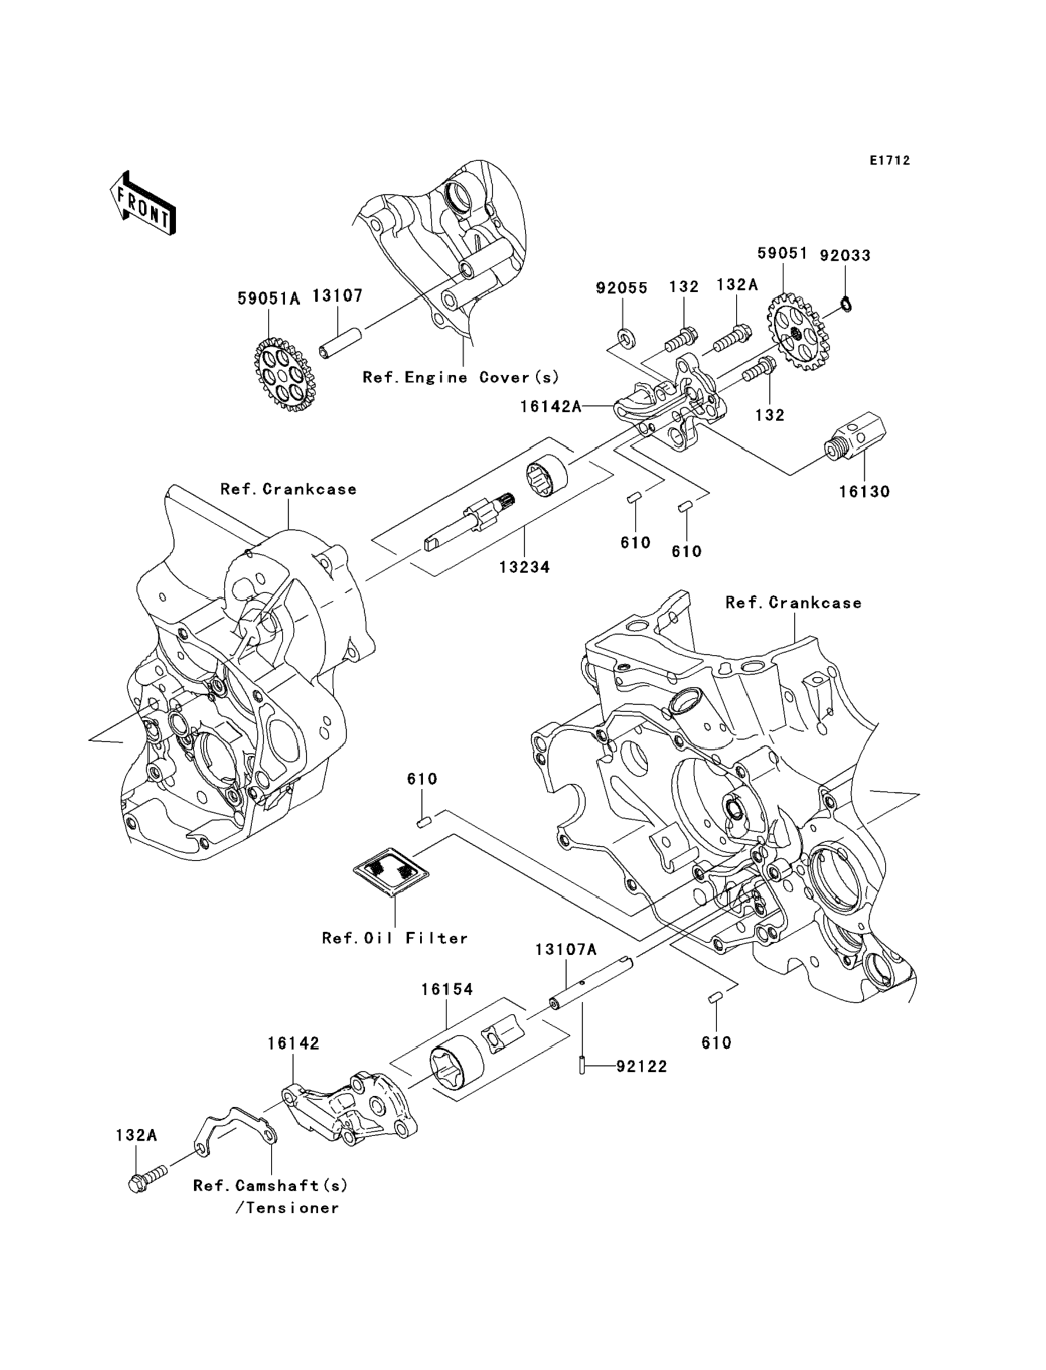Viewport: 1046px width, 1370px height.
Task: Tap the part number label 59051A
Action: tap(268, 299)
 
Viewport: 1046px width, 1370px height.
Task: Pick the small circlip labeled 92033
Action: tap(845, 304)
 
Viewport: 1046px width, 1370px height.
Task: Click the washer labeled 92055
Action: tap(623, 338)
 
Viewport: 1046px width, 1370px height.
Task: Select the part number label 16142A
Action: tap(551, 407)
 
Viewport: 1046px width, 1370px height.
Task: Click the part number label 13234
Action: tap(524, 567)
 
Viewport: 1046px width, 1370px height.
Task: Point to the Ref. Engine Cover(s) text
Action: tap(461, 377)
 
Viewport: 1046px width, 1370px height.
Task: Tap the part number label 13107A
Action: tap(566, 966)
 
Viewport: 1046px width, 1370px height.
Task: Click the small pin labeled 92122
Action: tap(582, 1067)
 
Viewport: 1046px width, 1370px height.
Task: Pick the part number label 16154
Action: tap(447, 989)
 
